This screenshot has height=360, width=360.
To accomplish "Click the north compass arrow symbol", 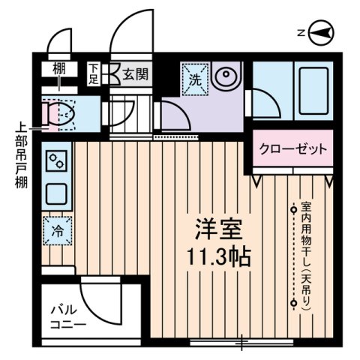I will click(320, 31).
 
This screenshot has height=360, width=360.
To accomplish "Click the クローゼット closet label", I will click(293, 148).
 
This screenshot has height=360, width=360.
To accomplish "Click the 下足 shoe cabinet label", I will click(94, 73).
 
